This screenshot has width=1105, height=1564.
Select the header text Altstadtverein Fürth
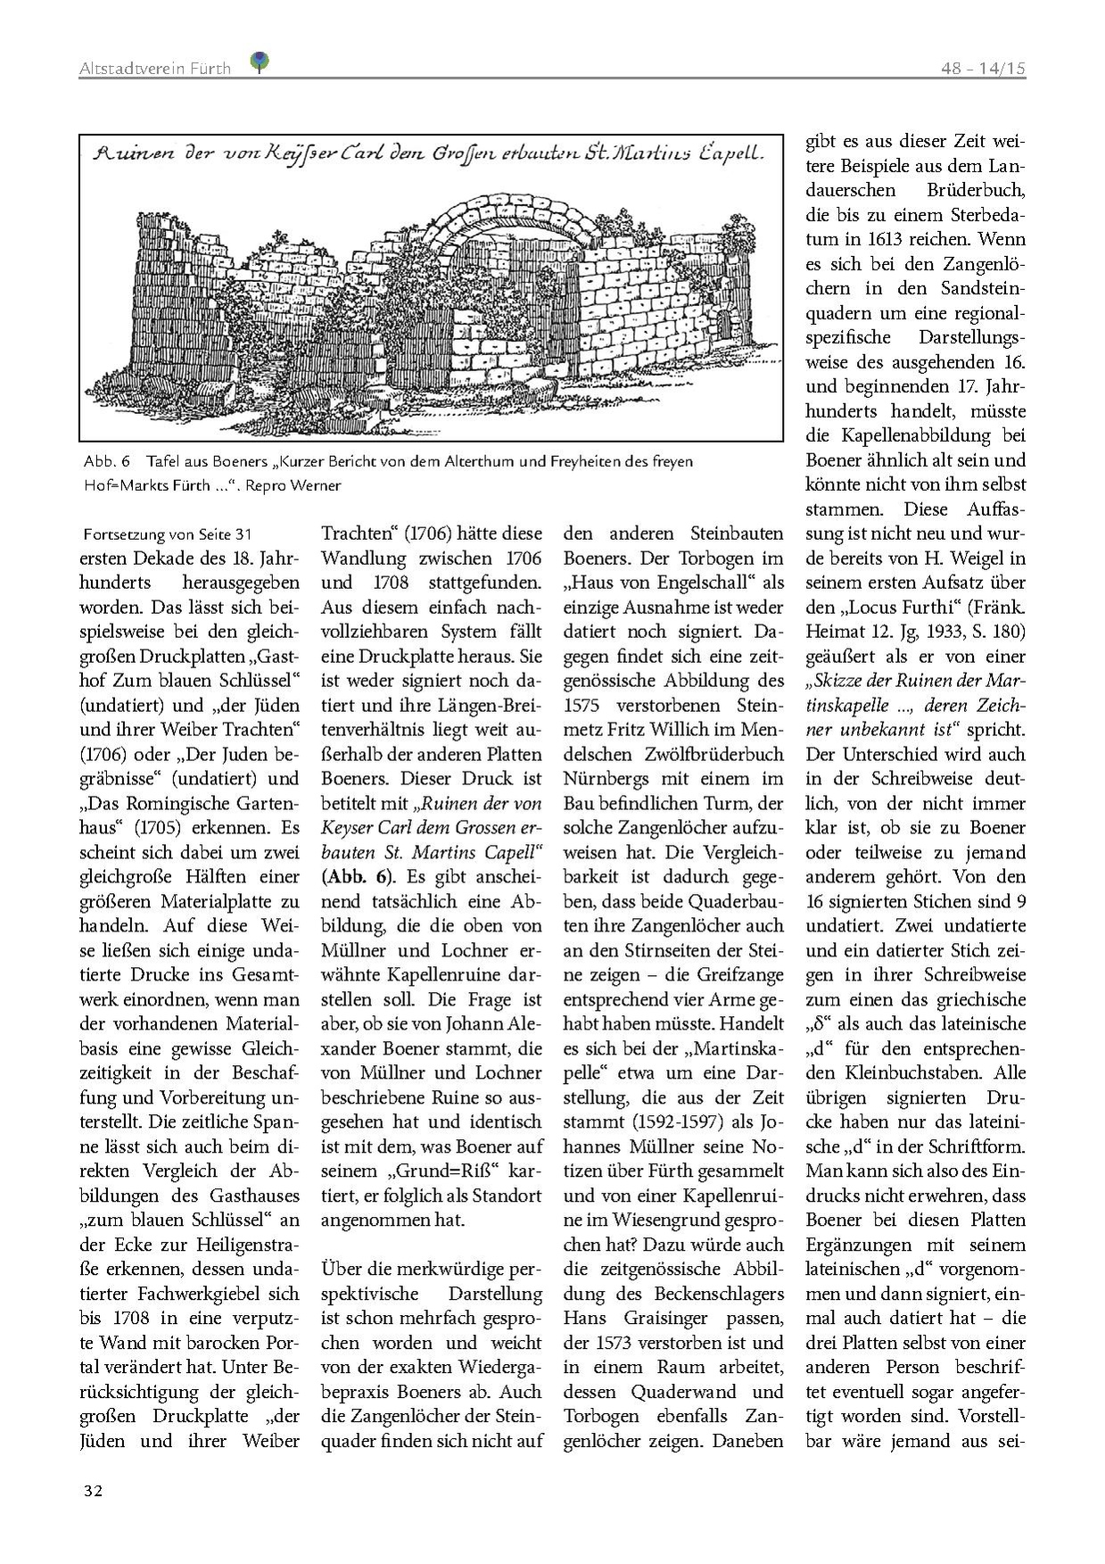(x=154, y=68)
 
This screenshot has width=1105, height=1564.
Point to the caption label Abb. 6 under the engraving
(x=106, y=461)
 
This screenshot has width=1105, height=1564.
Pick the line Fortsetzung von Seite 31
(x=168, y=535)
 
